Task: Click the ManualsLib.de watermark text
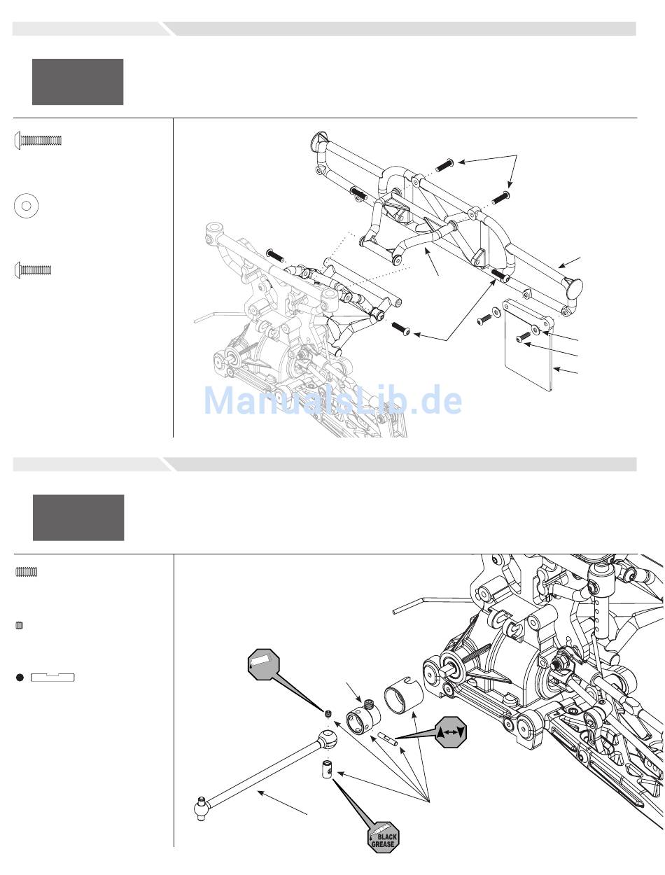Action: coord(332,400)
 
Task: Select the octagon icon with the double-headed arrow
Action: coord(450,732)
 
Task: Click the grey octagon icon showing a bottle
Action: coord(263,664)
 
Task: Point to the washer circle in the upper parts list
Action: coord(27,206)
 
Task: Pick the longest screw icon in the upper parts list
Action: coord(38,140)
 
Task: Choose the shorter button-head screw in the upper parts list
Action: coord(33,270)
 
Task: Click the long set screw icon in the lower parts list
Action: coord(27,572)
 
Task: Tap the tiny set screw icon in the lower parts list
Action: coord(19,626)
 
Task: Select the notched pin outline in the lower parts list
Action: coord(52,678)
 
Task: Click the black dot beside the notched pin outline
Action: coord(20,678)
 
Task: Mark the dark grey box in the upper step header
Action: coord(78,82)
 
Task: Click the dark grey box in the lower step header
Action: coord(78,517)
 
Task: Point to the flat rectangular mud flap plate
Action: coord(528,346)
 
